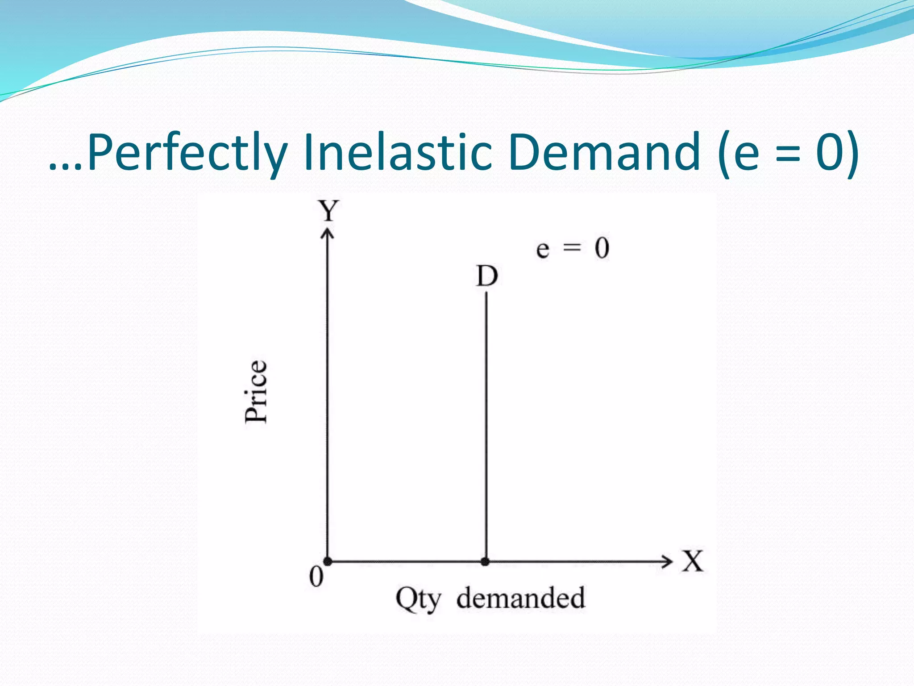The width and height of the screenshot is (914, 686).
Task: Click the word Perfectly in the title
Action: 187,153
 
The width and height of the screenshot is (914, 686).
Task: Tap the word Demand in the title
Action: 604,153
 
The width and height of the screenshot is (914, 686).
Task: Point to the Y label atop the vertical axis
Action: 328,211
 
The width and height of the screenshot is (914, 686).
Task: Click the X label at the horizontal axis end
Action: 692,561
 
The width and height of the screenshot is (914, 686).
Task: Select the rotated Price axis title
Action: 256,391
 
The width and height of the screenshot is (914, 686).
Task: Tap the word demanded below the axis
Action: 520,598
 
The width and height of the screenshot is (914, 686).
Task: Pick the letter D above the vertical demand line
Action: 486,276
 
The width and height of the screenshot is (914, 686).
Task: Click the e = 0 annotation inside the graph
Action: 573,248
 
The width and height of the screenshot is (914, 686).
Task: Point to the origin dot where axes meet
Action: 328,561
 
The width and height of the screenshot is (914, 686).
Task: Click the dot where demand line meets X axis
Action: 486,561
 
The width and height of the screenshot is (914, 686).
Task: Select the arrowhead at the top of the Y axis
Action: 328,233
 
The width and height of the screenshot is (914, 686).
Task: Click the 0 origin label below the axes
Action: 316,577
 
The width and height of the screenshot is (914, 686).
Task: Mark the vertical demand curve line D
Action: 486,424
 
